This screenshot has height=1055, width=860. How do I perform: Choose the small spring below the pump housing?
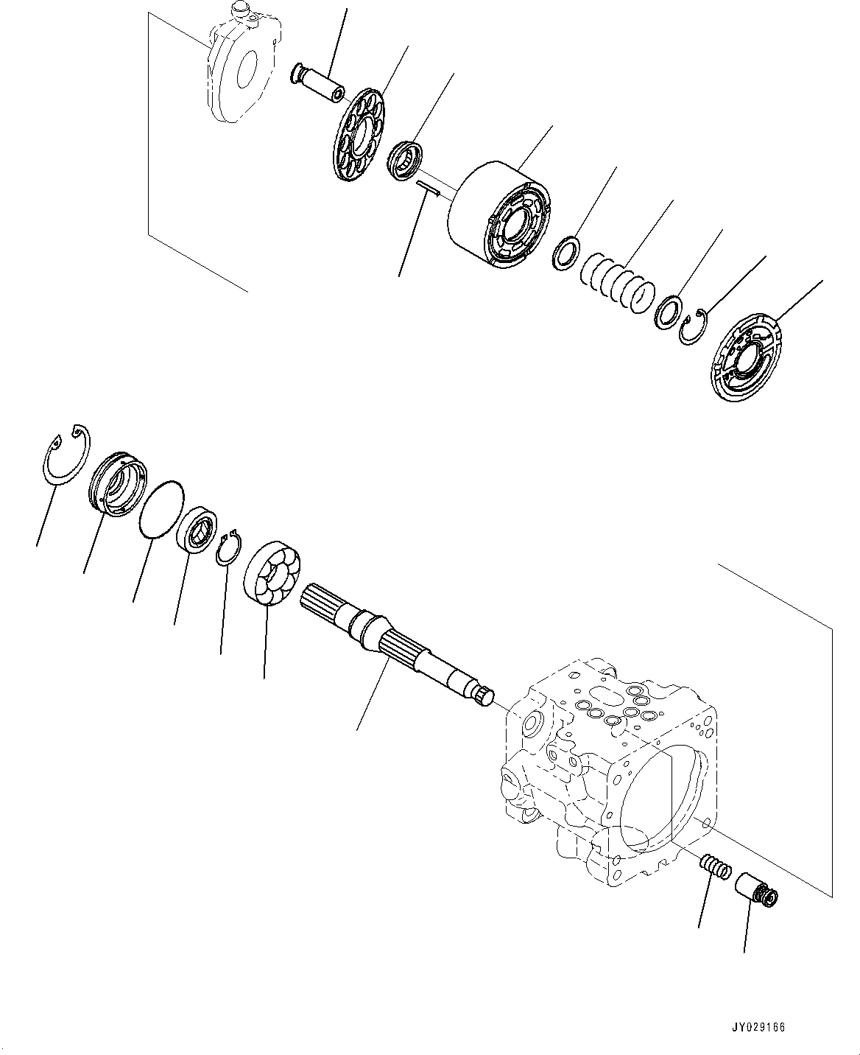pyautogui.click(x=715, y=866)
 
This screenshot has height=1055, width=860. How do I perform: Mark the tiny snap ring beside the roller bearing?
pyautogui.click(x=229, y=547)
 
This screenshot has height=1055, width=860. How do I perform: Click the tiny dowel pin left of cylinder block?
pyautogui.click(x=428, y=188)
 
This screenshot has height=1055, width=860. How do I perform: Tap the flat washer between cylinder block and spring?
pyautogui.click(x=565, y=249)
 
